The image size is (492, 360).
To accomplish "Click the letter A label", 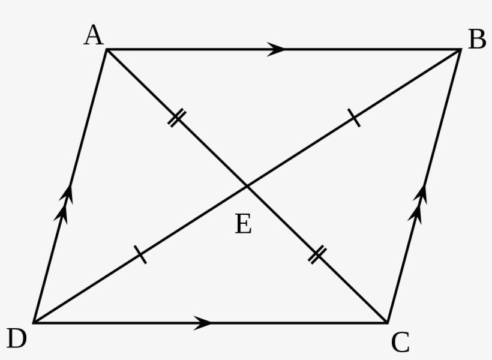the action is (x=94, y=35).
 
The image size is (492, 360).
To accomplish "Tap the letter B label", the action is (x=477, y=39).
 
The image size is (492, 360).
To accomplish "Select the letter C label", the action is (x=400, y=342).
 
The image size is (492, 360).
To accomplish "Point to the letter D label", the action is (x=17, y=338).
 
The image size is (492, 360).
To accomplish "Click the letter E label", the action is (x=243, y=223).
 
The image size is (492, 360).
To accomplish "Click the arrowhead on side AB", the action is (x=275, y=49).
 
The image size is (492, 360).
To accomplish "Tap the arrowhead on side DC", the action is (x=203, y=323).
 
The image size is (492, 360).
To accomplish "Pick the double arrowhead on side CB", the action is (x=418, y=205).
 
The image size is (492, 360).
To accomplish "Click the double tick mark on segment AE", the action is (x=177, y=118).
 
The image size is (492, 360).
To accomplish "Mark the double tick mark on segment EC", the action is (x=317, y=255).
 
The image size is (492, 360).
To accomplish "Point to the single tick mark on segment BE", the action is (x=354, y=118).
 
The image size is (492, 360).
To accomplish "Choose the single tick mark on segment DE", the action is (x=140, y=254).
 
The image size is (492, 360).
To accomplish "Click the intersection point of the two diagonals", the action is (x=247, y=187).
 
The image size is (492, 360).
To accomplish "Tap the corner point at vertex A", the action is (x=107, y=49).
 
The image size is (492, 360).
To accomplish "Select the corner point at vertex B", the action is (x=460, y=49).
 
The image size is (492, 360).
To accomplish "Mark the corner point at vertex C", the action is (x=388, y=323).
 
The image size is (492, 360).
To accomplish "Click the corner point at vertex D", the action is (x=34, y=323).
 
